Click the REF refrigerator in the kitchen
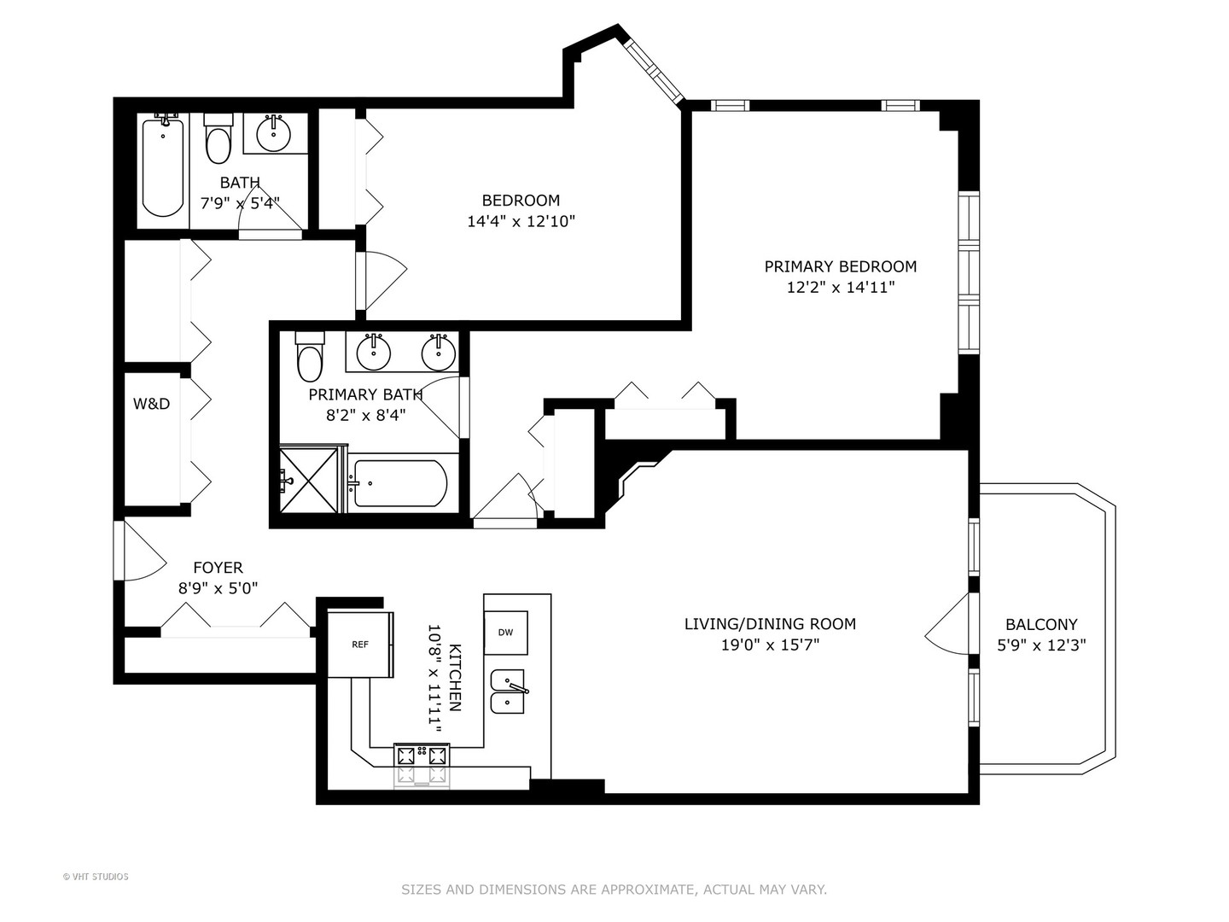[x=360, y=645]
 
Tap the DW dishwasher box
[x=505, y=633]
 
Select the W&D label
[x=151, y=404]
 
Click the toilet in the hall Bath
[x=218, y=143]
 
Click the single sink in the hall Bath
[x=273, y=131]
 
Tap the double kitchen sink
[x=510, y=691]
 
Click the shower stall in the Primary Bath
[x=312, y=480]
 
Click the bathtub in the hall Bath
[x=162, y=166]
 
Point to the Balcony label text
[x=1040, y=624]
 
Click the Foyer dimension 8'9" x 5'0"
[x=218, y=588]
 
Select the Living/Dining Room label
[x=770, y=624]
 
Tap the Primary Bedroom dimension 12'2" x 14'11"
[x=840, y=288]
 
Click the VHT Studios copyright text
[x=96, y=876]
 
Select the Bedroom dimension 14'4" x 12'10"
[x=521, y=221]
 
